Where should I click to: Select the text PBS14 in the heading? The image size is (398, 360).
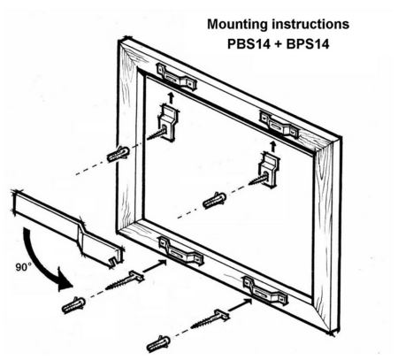coord(249,44)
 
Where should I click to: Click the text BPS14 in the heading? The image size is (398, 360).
coord(308,44)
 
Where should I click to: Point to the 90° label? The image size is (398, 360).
coord(23,267)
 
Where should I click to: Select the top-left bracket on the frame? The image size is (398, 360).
coord(177,78)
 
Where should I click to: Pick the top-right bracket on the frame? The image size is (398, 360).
coord(279,125)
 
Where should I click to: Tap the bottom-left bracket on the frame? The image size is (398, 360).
coord(181,251)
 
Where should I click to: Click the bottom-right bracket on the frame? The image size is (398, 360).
coord(265,291)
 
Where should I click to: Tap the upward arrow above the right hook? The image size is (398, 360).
coord(273,147)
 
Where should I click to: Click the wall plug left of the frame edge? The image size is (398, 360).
coord(119,154)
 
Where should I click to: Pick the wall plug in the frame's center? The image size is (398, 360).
coord(215,200)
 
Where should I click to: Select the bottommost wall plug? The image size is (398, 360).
coord(158,343)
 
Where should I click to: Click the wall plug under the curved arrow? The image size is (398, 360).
coord(73,305)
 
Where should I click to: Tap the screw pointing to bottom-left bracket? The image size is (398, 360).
coord(125,281)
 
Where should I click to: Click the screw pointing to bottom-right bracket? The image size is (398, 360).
coord(210,319)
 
